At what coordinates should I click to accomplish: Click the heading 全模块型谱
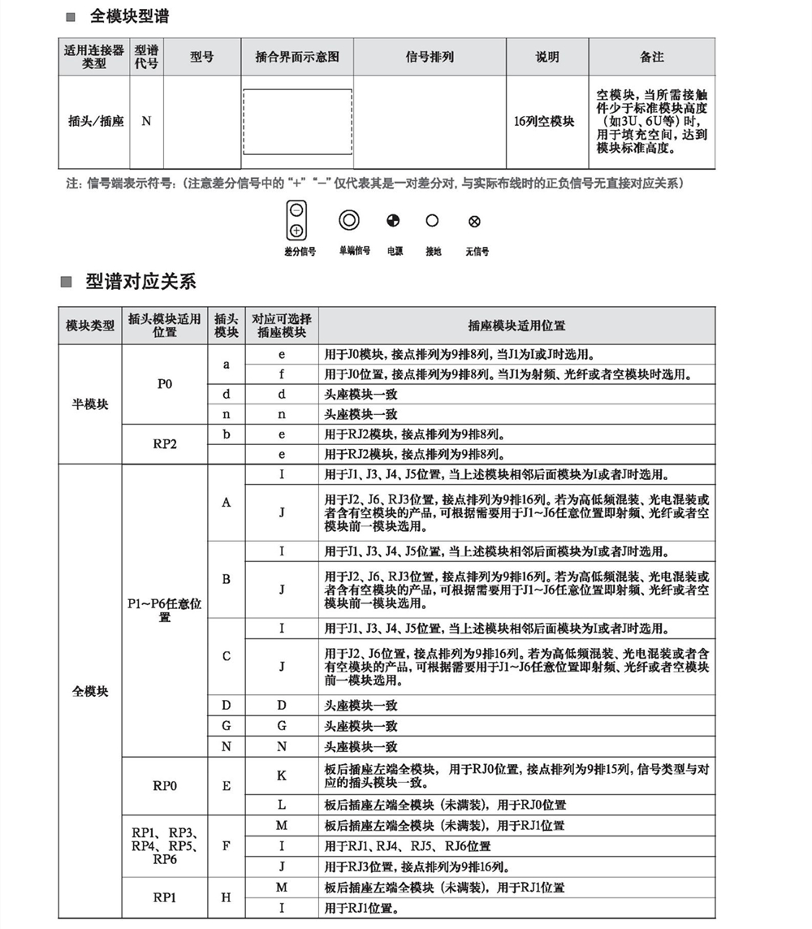[x=129, y=16]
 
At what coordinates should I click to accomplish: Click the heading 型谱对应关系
[x=140, y=282]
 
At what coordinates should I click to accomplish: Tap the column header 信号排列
[x=430, y=57]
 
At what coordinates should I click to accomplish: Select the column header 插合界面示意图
[x=296, y=57]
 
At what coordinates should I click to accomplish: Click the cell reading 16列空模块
[x=544, y=121]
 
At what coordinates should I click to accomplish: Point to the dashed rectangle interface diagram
[x=297, y=121]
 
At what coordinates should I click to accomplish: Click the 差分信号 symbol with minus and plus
[x=297, y=220]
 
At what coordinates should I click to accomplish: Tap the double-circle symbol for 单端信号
[x=349, y=220]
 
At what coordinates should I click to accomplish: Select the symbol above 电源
[x=393, y=220]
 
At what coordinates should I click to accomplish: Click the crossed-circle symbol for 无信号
[x=475, y=221]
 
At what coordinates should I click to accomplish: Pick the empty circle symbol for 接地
[x=432, y=220]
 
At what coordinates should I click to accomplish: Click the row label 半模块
[x=89, y=404]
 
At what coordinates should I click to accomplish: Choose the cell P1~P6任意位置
[x=165, y=610]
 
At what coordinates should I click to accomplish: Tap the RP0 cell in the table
[x=164, y=785]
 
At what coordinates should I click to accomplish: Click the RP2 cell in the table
[x=164, y=444]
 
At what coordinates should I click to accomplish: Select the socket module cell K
[x=281, y=776]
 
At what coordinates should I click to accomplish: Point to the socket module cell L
[x=281, y=805]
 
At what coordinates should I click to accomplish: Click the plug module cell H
[x=226, y=897]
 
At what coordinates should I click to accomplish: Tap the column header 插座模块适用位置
[x=516, y=326]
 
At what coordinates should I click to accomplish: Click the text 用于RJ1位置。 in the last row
[x=359, y=908]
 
